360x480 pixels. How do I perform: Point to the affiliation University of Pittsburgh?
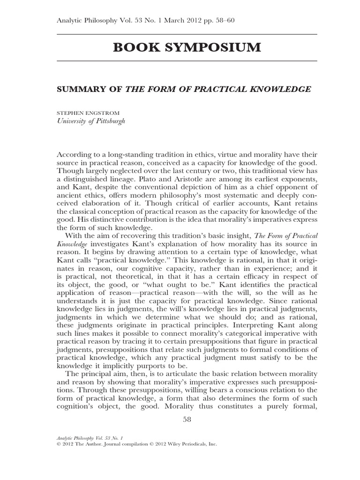click(x=91, y=120)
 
